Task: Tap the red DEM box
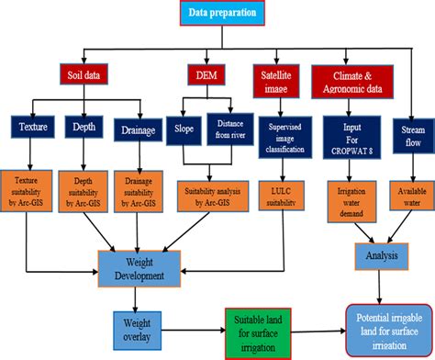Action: tap(205, 74)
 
